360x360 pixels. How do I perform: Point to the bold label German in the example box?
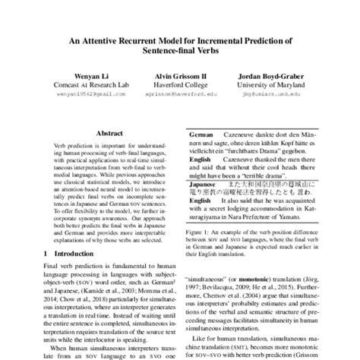(x=201, y=133)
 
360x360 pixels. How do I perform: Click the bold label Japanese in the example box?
(x=204, y=182)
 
